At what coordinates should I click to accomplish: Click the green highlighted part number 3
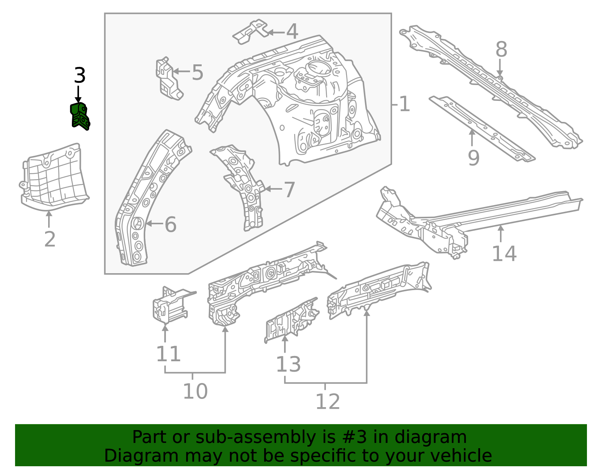80,117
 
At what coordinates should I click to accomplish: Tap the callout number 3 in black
80,75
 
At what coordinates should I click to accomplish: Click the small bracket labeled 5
169,79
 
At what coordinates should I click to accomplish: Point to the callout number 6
170,224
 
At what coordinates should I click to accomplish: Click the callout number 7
289,190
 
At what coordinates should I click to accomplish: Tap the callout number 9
474,158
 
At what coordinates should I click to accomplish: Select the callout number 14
504,253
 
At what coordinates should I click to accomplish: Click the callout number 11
169,354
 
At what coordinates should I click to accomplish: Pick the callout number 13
288,364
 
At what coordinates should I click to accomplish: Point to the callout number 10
195,391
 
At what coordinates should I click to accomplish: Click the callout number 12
328,401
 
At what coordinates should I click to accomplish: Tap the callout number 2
50,239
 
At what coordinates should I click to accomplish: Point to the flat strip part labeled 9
482,129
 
